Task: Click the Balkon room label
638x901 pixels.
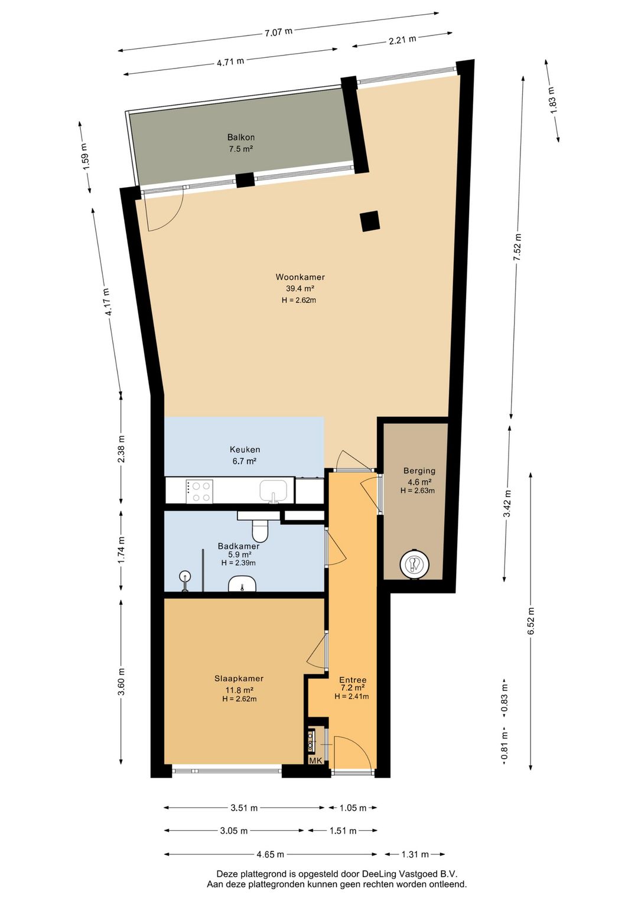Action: (x=240, y=137)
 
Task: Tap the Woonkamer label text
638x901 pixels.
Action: (x=300, y=277)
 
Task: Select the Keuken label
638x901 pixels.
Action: (x=245, y=449)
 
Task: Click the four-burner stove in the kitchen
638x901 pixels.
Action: (x=199, y=491)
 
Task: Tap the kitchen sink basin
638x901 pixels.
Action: (x=274, y=490)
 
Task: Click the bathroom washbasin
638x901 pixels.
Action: (x=242, y=584)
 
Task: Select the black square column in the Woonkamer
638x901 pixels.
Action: (x=370, y=221)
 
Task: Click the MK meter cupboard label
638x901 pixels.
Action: (x=316, y=760)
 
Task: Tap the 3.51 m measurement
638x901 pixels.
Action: (x=243, y=808)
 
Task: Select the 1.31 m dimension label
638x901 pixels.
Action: (x=415, y=854)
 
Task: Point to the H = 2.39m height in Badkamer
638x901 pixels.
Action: (x=238, y=563)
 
